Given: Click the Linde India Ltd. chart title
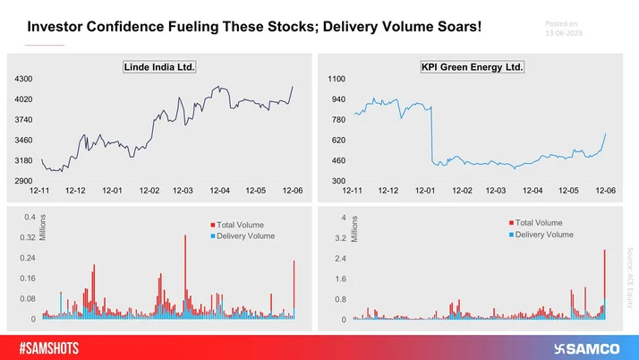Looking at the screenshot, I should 159,67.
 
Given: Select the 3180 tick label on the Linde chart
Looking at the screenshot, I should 22,160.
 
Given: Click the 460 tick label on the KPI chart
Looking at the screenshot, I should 338,160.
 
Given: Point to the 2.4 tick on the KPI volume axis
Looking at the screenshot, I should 340,259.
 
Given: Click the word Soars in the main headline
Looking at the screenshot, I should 458,29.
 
